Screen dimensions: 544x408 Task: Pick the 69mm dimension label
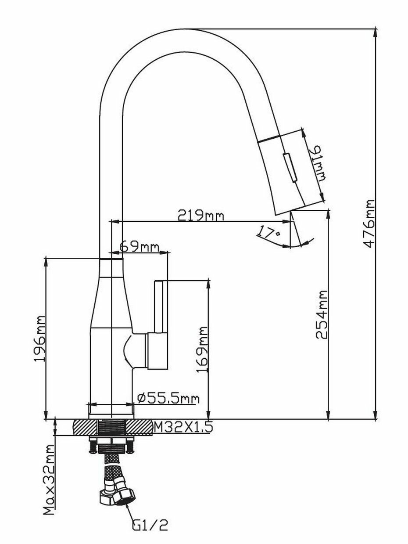(x=139, y=247)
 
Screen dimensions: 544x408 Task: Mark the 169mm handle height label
(x=202, y=349)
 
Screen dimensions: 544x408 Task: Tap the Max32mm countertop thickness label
(x=50, y=479)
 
